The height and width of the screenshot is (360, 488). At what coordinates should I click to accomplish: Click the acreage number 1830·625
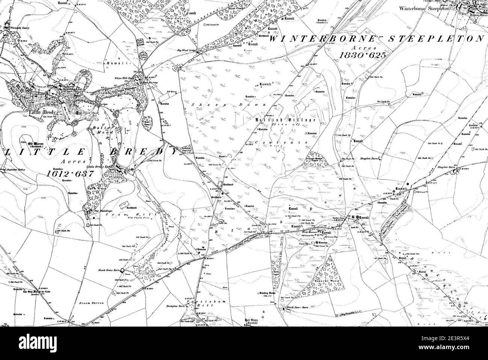point(362,55)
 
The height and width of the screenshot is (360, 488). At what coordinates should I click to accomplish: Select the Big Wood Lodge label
point(187,49)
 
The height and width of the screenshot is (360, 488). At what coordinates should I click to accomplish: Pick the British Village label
point(285,120)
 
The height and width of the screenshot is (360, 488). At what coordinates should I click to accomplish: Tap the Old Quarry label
point(171,90)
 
